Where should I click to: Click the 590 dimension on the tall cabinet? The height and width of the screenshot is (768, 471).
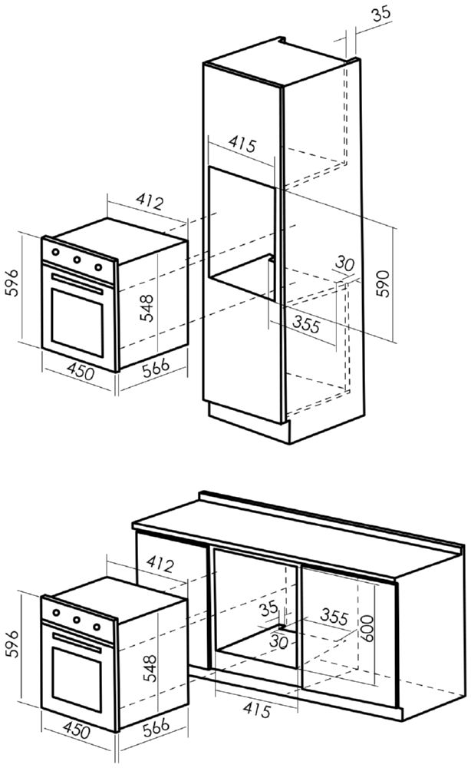click(384, 283)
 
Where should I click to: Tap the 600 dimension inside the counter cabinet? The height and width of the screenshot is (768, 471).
click(367, 628)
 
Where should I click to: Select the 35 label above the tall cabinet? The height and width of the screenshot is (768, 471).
click(381, 13)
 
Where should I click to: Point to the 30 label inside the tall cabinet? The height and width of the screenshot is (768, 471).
click(344, 264)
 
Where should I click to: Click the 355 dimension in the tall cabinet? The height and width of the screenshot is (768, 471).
click(306, 324)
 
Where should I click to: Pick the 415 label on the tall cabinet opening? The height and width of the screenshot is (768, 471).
click(242, 144)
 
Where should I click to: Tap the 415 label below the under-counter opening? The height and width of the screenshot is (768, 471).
click(256, 710)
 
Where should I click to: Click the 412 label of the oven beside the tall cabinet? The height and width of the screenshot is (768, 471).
click(149, 200)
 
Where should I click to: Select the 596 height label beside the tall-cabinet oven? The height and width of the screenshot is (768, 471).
click(11, 282)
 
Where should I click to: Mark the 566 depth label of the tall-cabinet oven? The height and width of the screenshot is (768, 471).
click(156, 367)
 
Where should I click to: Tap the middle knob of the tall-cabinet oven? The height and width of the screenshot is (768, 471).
click(77, 260)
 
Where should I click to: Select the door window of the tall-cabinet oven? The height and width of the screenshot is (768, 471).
click(77, 323)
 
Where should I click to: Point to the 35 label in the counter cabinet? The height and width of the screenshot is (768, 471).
click(268, 608)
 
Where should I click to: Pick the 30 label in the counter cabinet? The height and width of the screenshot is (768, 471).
click(278, 641)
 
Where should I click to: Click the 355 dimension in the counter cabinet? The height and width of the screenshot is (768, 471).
click(334, 617)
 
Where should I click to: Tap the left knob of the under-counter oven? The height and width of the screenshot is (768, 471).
click(56, 612)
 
